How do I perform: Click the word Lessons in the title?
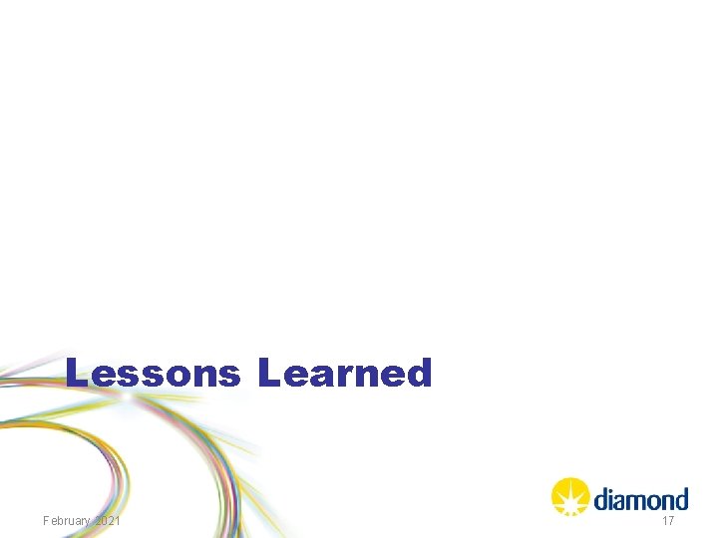[x=153, y=374]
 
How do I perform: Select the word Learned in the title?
[x=345, y=374]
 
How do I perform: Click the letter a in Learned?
[x=321, y=377]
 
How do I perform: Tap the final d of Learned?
[x=420, y=374]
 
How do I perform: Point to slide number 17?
[x=668, y=521]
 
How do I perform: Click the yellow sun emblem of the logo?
[x=569, y=496]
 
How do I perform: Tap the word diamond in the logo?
[x=640, y=498]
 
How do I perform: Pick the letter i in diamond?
[x=610, y=498]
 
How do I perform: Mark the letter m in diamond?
[x=636, y=500]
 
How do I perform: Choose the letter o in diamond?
[x=653, y=500]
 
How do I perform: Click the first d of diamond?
[x=600, y=498]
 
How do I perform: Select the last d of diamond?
[x=681, y=498]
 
